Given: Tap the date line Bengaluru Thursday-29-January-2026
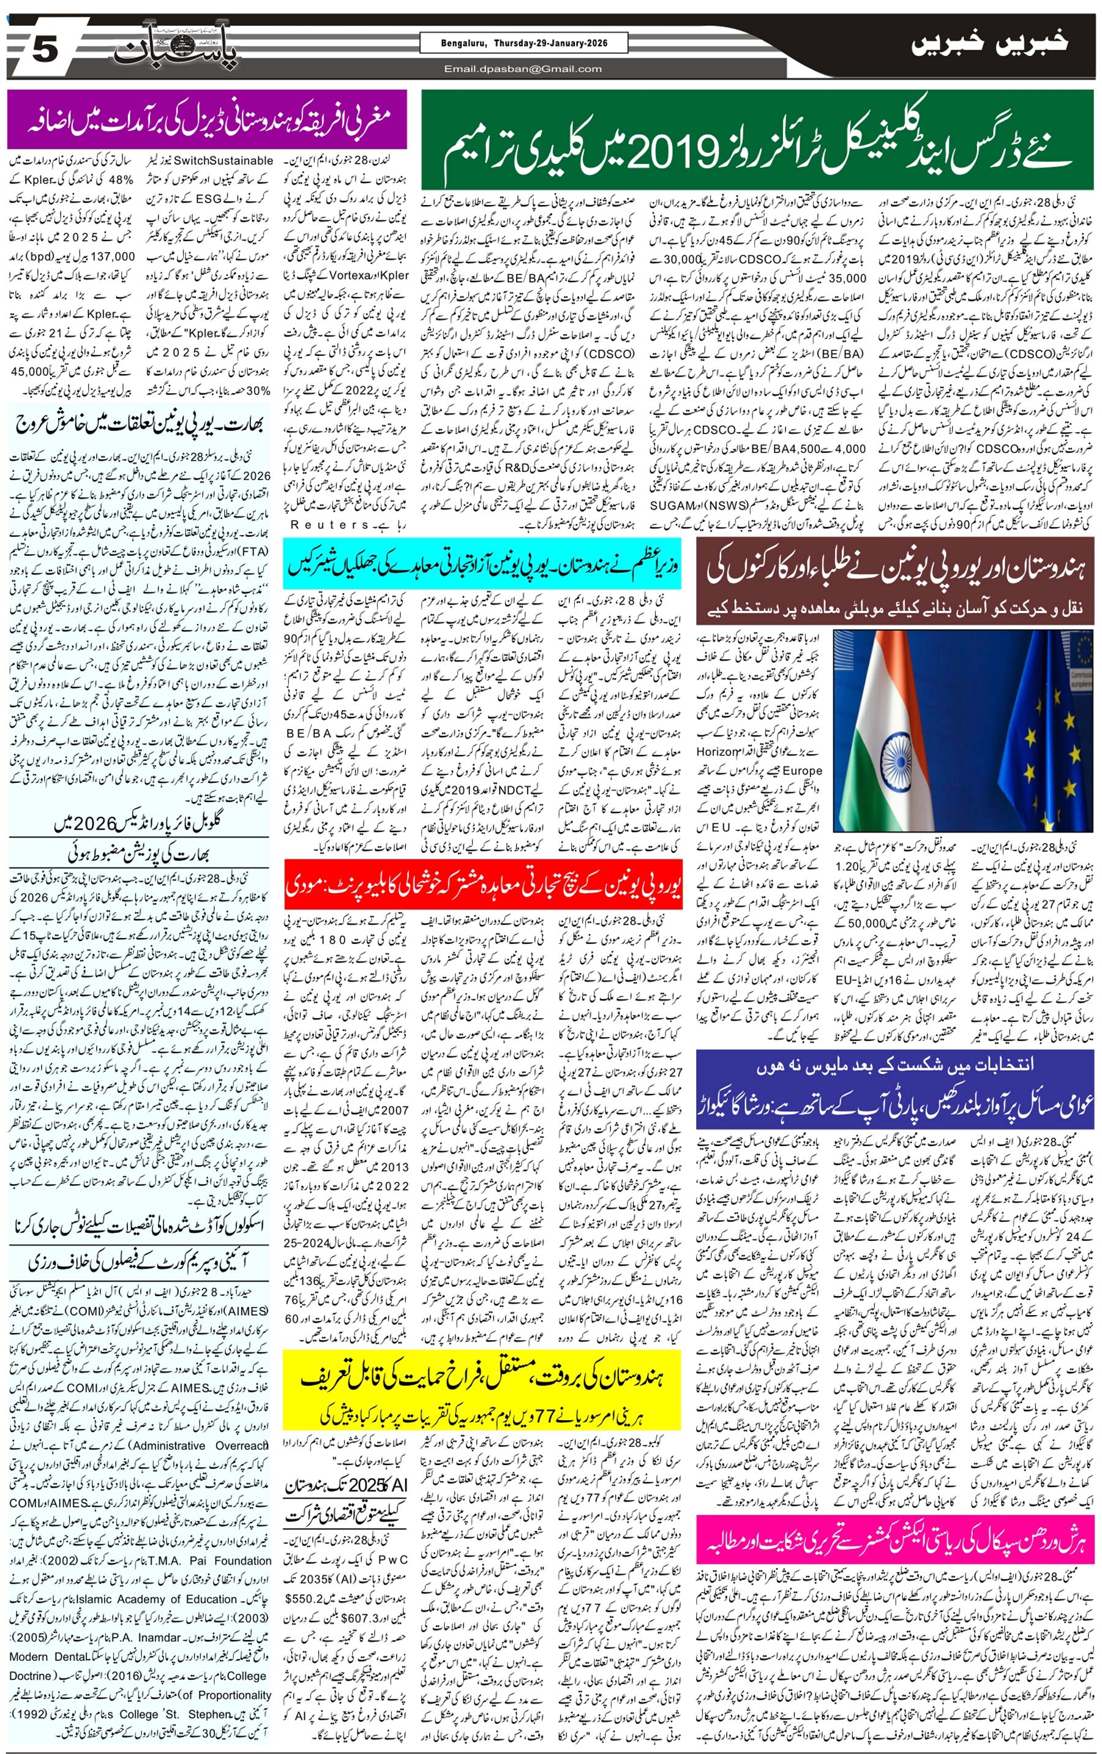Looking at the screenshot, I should tap(523, 43).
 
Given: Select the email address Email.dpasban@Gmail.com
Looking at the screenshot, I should tap(523, 69).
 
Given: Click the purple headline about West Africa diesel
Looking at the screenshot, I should tap(207, 119).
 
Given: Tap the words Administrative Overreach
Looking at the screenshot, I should tap(199, 1466).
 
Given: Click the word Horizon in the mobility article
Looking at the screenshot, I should tap(718, 751).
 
